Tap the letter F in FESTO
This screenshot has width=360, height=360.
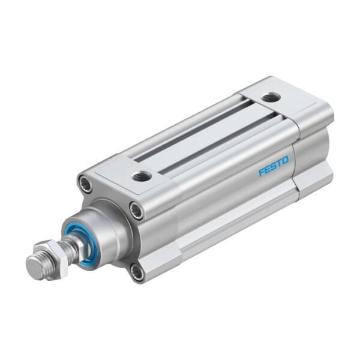[x=262, y=173]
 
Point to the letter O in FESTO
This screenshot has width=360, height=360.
[x=286, y=160]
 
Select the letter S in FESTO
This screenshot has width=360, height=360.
[x=274, y=166]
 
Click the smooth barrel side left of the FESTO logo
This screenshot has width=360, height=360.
[x=222, y=192]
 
